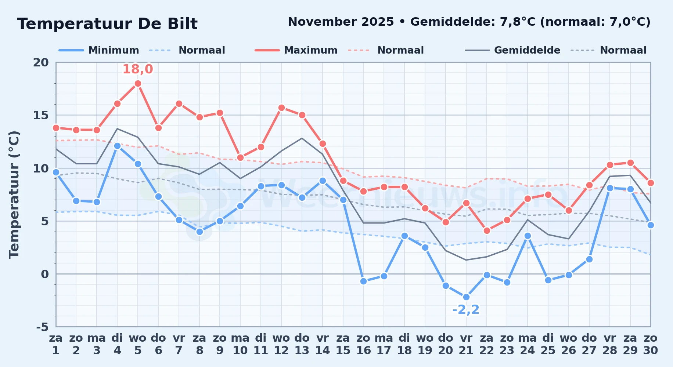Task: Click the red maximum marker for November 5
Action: [x=138, y=84]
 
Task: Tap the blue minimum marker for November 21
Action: [x=466, y=297]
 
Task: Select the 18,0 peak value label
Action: [x=138, y=69]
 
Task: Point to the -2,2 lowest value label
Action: [x=466, y=310]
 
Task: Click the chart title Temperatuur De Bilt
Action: [x=107, y=24]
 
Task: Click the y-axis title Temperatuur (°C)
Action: [x=14, y=195]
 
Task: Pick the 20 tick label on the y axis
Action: [x=41, y=62]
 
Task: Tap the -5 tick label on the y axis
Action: [x=42, y=327]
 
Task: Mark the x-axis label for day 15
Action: [x=343, y=344]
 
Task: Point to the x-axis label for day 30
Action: [x=650, y=344]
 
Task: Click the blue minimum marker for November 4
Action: [x=117, y=146]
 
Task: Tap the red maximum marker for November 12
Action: [x=281, y=108]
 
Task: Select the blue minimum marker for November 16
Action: [x=364, y=281]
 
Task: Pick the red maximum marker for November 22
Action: [x=487, y=231]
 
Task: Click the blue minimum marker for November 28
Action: [x=610, y=188]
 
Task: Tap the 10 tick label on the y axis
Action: [x=41, y=168]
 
